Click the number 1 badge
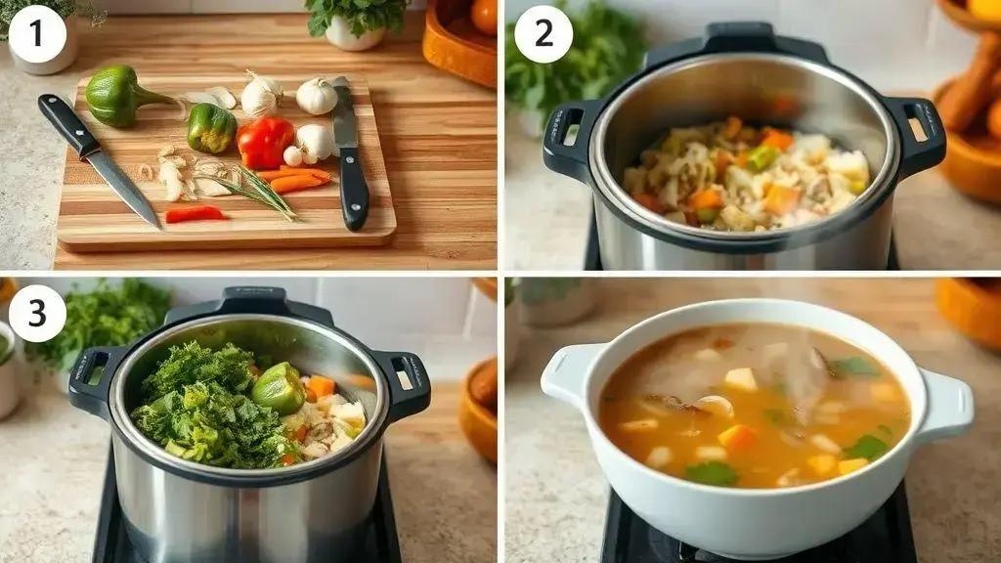pos(38,34)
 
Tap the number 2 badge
pos(544,34)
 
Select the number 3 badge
pos(38,313)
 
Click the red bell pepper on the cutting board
pos(265,143)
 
